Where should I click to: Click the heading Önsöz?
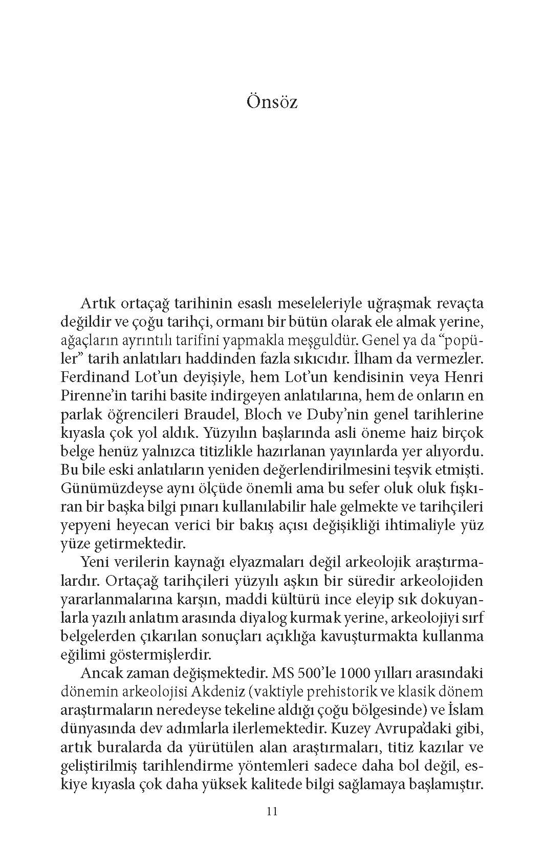pyautogui.click(x=272, y=101)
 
